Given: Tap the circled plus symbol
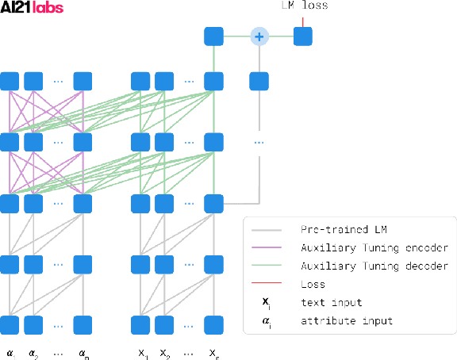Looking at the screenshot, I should click(258, 36).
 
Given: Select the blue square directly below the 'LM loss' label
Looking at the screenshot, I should click(303, 36).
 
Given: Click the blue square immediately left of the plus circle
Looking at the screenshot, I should click(212, 36).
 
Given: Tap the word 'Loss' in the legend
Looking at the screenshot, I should click(313, 284).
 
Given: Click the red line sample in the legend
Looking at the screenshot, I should click(267, 284).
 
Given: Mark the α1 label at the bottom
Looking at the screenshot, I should click(10, 352).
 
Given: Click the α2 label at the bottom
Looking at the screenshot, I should click(33, 352).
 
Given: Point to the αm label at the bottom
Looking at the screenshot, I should click(83, 352).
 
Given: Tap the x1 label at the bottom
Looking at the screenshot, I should click(141, 352).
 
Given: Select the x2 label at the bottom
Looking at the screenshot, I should click(164, 352).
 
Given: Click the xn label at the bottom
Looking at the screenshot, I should click(213, 352).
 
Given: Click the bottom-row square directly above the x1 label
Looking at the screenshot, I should click(140, 324).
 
